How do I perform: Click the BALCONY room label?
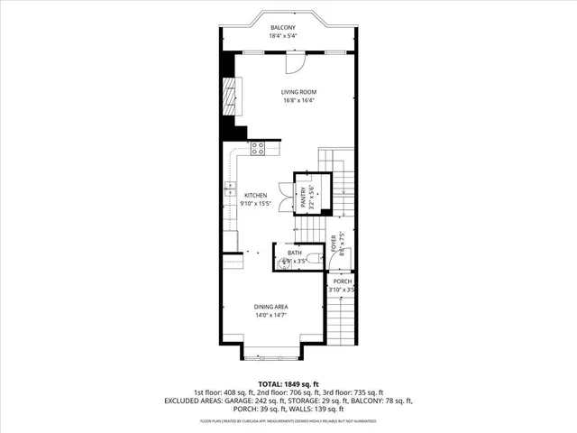pos(282,29)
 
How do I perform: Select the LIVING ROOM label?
pos(295,92)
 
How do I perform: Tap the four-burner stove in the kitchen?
pos(258,147)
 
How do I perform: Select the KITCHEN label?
pos(254,195)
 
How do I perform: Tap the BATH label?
pos(294,253)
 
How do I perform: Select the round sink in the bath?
pos(286,263)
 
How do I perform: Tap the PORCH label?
pos(343,281)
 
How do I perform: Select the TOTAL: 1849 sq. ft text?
pos(288,383)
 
